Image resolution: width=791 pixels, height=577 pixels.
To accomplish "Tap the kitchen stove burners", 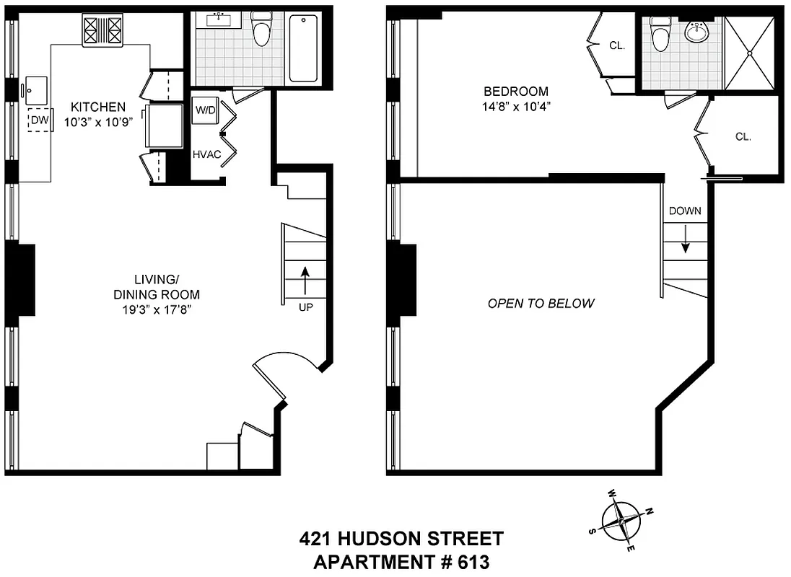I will click(102, 31).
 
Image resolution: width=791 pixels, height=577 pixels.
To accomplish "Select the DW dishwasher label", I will click(39, 120).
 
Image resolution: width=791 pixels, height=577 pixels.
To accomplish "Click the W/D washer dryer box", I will click(205, 111).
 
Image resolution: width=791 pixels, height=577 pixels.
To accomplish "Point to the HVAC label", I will click(206, 154).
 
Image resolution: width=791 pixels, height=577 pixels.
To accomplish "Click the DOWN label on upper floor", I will click(685, 211).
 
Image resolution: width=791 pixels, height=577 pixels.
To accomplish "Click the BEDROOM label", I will click(515, 92).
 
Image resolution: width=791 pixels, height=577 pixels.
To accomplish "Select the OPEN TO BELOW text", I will click(541, 303).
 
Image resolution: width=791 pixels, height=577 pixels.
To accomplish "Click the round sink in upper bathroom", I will click(698, 32).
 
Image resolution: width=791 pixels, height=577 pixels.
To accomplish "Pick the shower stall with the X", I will click(750, 52).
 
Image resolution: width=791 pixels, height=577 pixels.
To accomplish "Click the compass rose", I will click(621, 519).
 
